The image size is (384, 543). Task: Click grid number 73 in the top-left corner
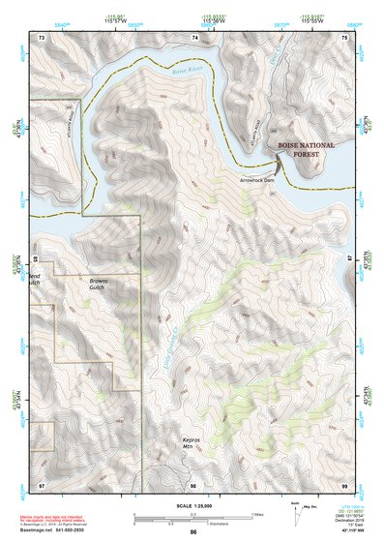pos(42,37)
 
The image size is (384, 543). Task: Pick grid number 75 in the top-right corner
pos(345,37)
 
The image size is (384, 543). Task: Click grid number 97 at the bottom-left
pos(42,483)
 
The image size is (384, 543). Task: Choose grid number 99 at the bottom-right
pos(345,483)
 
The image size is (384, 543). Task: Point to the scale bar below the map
pos(192,516)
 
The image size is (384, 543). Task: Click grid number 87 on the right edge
pos(349,260)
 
